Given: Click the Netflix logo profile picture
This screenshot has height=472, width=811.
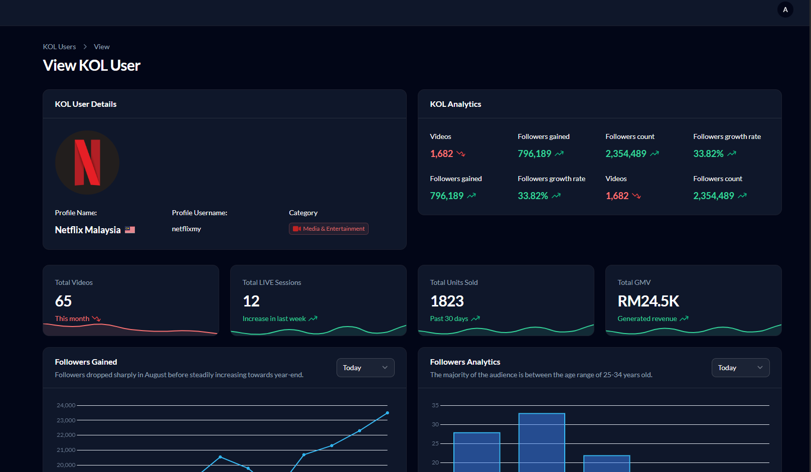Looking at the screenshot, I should tap(87, 163).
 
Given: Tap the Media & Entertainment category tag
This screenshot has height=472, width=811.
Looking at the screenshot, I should tap(329, 229).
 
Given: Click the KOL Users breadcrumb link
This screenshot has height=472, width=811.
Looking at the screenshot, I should tap(59, 47).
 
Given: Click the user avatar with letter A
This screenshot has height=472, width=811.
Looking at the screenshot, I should tap(785, 10).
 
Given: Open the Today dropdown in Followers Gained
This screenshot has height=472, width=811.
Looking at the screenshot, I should tap(365, 368).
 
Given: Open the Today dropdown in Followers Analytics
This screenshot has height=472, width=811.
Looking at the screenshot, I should tap(740, 368).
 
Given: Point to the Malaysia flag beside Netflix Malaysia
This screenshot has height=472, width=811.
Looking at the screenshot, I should tap(130, 230).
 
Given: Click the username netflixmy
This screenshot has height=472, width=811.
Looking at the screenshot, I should tap(187, 229).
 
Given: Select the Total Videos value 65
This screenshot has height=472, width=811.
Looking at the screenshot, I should tap(64, 301).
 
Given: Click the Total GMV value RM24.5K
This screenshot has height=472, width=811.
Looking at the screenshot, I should tap(648, 301).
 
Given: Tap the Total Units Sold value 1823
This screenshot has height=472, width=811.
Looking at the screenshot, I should tap(447, 301).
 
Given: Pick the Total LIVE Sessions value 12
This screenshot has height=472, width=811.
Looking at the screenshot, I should tap(251, 301).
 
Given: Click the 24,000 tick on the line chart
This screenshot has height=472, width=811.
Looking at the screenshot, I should tap(66, 405).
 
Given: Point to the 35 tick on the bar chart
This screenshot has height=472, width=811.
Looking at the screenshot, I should tap(435, 405).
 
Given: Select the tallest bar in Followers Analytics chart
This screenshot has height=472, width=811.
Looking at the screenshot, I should tap(542, 441).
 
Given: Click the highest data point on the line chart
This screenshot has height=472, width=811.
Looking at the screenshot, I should tap(387, 413).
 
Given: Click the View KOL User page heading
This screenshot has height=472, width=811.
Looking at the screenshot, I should tap(92, 66).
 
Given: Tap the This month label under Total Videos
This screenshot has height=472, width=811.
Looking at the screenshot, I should tap(72, 319).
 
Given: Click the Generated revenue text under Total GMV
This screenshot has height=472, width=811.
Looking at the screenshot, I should tap(647, 319).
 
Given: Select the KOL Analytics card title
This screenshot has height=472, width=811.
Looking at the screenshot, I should tap(455, 104).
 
